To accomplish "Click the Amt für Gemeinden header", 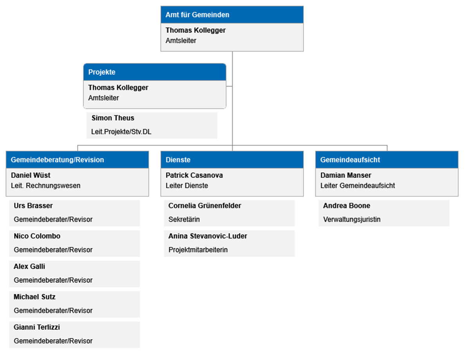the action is click(232, 15).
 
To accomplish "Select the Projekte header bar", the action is click(155, 72).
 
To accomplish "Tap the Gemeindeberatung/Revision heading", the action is click(77, 160).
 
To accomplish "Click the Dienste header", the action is click(232, 160).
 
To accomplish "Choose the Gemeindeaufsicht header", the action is click(387, 160).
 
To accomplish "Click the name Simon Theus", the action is click(113, 118).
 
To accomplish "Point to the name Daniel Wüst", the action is click(31, 175).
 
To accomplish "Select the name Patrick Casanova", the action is click(194, 175).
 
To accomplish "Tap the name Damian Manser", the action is click(345, 175).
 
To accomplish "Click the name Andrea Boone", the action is click(347, 206).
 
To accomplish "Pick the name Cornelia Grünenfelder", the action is click(204, 206).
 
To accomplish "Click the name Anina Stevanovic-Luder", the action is click(208, 236).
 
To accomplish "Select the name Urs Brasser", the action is click(33, 206).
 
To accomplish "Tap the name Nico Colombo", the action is click(37, 236).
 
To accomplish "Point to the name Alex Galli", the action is click(29, 266).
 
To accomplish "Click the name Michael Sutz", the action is click(34, 297).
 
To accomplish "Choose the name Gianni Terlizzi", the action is click(37, 327).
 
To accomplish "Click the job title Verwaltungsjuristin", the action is click(352, 219).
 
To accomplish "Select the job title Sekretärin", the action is click(184, 219).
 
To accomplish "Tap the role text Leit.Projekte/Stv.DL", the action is click(121, 132).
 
